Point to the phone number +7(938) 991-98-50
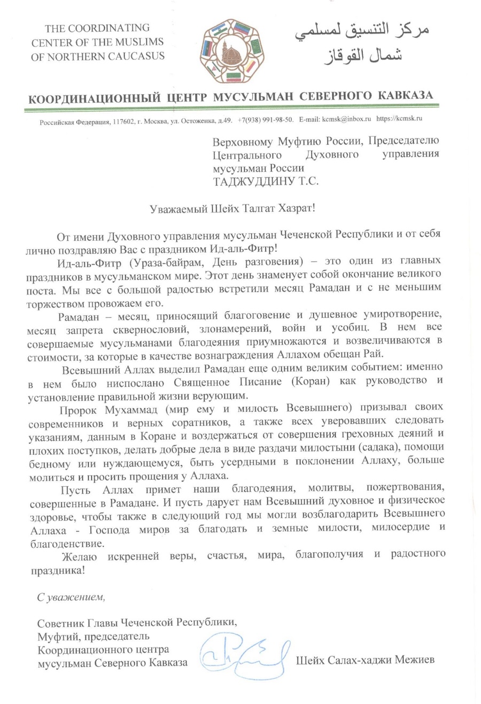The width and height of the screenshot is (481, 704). click(266, 118)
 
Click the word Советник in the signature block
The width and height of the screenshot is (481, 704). click(61, 622)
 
